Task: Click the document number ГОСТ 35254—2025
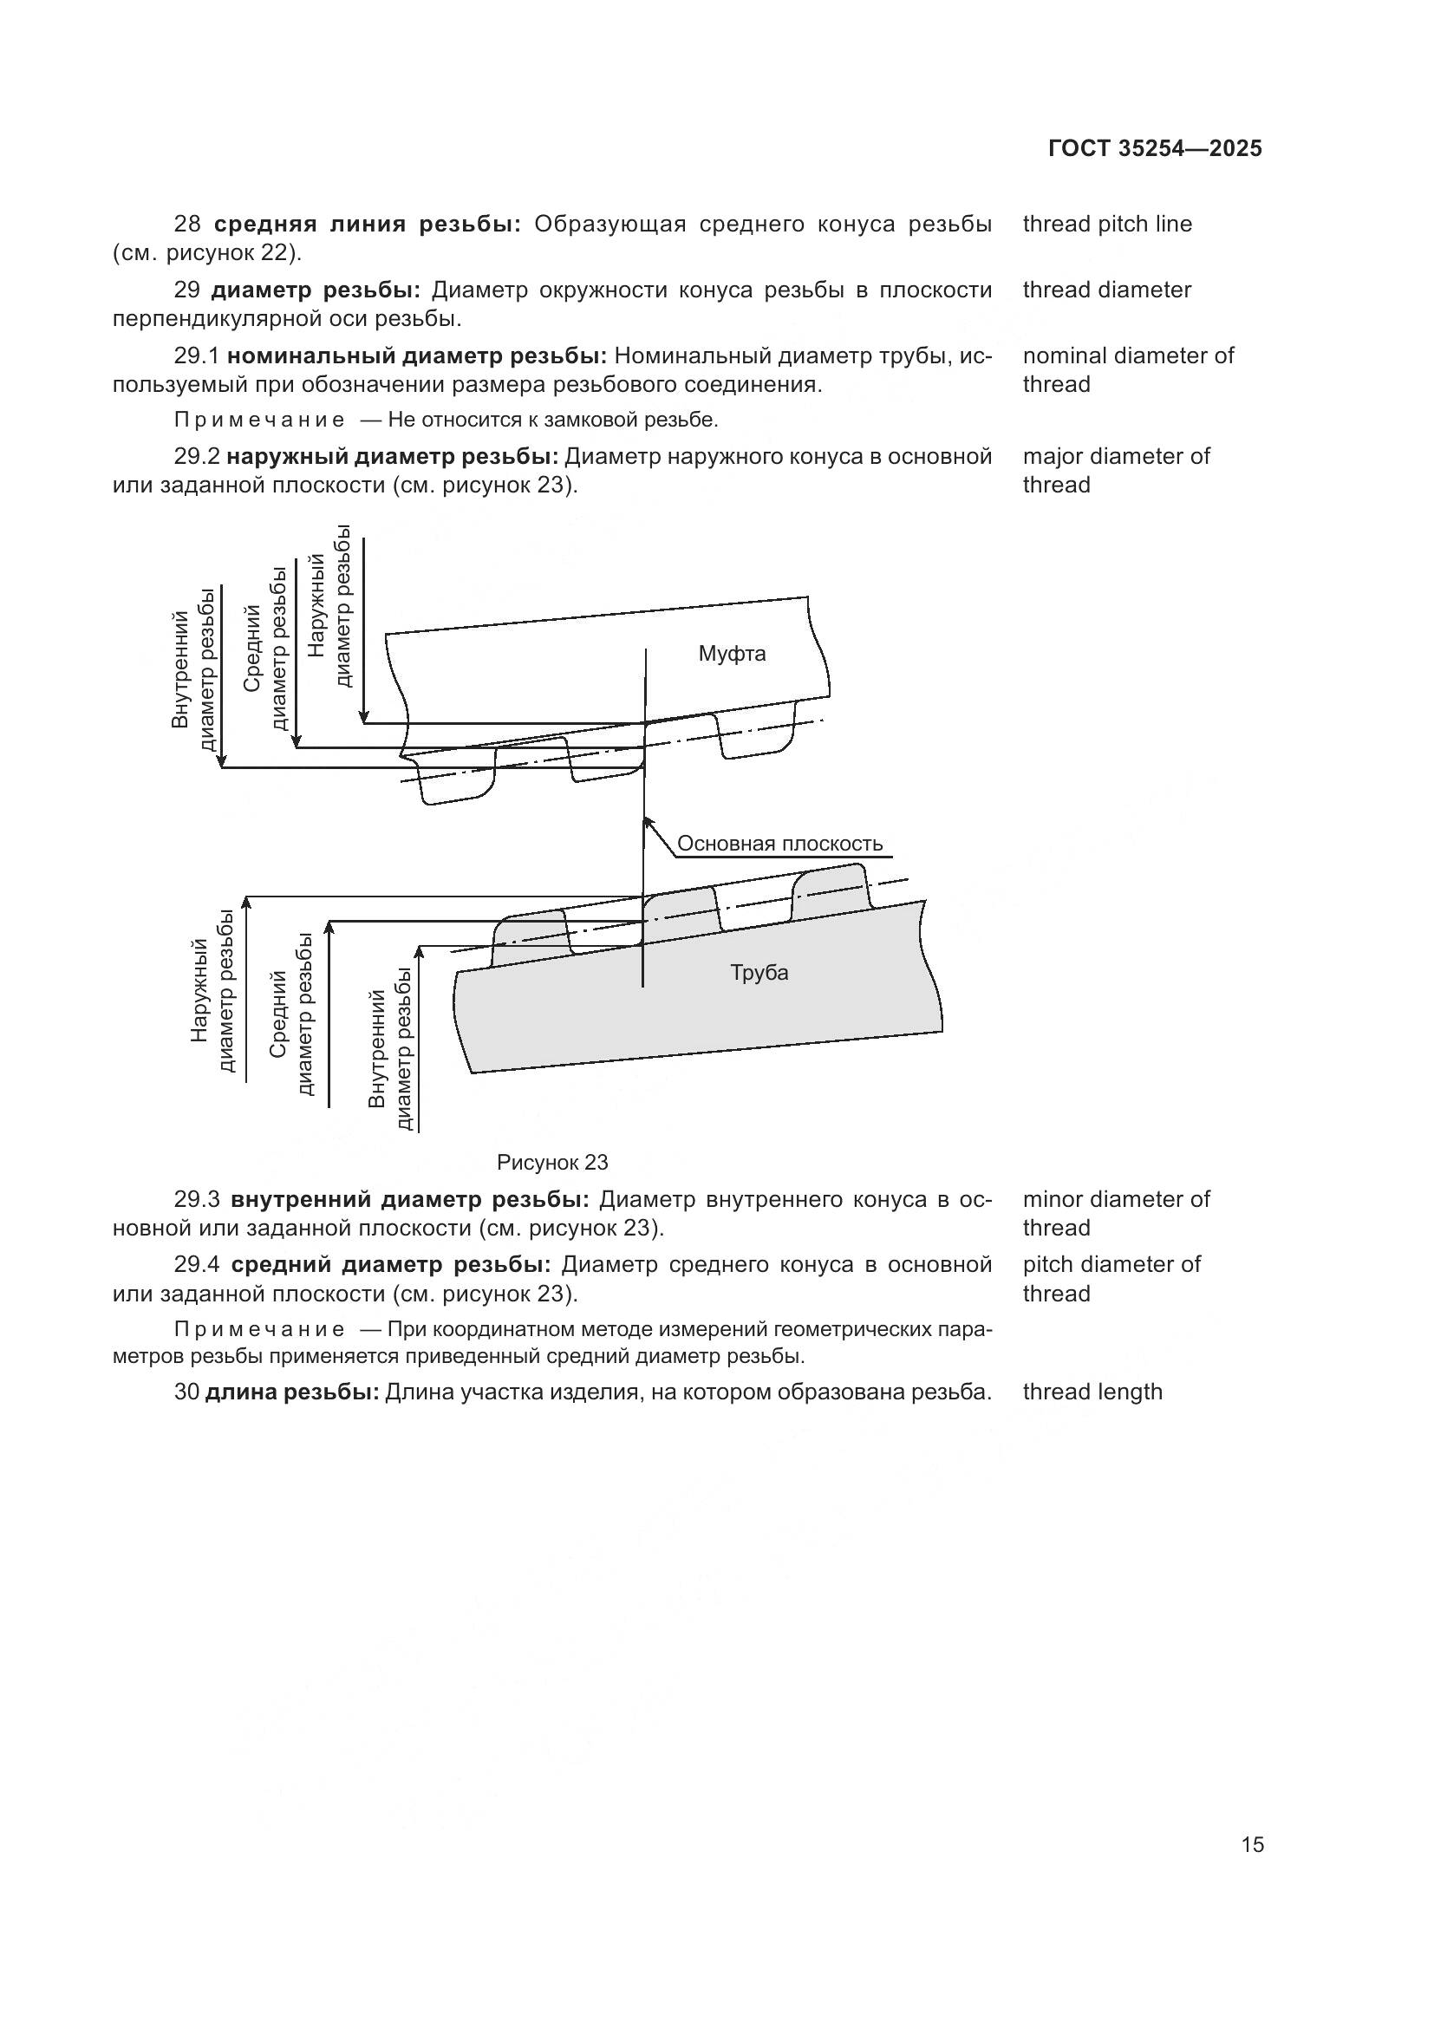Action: pos(1155,148)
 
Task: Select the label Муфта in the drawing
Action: pos(732,654)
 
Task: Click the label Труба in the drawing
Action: pos(759,973)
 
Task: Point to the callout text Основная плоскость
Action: pos(779,844)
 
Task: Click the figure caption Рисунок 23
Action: pos(553,1162)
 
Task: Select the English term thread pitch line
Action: pos(1107,225)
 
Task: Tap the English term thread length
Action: pos(1092,1392)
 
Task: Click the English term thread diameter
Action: pos(1107,290)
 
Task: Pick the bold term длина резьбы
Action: pos(291,1392)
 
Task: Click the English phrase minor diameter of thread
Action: pos(1116,1214)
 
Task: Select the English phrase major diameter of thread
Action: pos(1116,471)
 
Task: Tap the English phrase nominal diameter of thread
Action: pos(1128,370)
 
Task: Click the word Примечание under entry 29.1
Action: pos(259,421)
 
